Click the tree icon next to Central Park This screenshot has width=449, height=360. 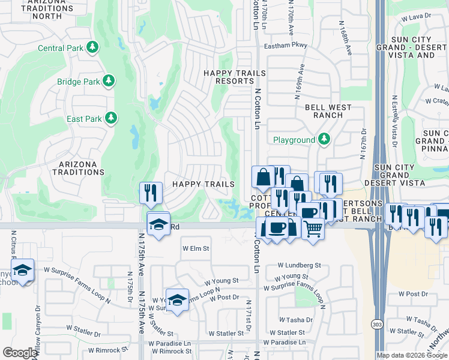92,47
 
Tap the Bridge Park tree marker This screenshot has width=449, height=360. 109,81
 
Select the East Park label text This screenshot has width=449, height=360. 84,119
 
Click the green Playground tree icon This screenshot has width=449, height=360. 324,139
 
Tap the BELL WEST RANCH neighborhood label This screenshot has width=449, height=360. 328,111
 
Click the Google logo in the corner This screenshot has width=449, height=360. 20,353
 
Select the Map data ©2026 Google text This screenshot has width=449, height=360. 412,355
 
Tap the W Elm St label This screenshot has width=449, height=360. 196,248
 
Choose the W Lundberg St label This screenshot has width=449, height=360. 300,265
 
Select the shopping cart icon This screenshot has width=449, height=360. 313,228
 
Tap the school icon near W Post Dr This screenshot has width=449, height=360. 177,301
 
